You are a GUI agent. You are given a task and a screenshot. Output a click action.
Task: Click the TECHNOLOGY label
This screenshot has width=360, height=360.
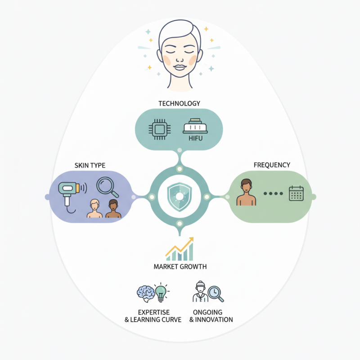pyautogui.click(x=179, y=103)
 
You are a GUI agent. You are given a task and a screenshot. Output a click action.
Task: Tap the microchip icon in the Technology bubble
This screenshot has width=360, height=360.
pyautogui.click(x=160, y=130)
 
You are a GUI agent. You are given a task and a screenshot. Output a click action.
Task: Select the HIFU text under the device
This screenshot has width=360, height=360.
pyautogui.click(x=196, y=138)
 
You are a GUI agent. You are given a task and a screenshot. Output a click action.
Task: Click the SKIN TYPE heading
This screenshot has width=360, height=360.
pyautogui.click(x=90, y=165)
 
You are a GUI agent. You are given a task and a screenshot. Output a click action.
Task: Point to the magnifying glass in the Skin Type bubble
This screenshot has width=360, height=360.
pyautogui.click(x=107, y=187)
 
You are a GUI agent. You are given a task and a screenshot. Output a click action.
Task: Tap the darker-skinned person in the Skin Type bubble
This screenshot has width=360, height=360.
pyautogui.click(x=113, y=208)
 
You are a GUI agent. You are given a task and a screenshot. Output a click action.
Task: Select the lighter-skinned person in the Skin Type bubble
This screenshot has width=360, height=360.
pyautogui.click(x=94, y=208)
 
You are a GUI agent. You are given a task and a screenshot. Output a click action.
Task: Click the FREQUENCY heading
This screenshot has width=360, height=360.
pyautogui.click(x=272, y=165)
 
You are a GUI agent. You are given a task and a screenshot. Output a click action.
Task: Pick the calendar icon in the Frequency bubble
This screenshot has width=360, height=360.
pyautogui.click(x=296, y=193)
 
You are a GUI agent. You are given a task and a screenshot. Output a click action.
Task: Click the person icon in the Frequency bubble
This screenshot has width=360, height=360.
pyautogui.click(x=246, y=193)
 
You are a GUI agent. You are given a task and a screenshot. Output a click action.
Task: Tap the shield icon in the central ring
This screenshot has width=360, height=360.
pyautogui.click(x=180, y=197)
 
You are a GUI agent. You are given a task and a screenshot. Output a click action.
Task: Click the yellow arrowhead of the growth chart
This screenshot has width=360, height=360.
pyautogui.click(x=190, y=240)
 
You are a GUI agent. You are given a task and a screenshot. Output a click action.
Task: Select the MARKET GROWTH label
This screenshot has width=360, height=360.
pyautogui.click(x=180, y=266)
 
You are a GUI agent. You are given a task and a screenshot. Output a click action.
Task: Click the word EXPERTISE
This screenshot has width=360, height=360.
pyautogui.click(x=154, y=312)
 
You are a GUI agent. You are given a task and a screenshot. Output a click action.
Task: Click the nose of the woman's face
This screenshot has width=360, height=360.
pyautogui.click(x=180, y=59)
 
